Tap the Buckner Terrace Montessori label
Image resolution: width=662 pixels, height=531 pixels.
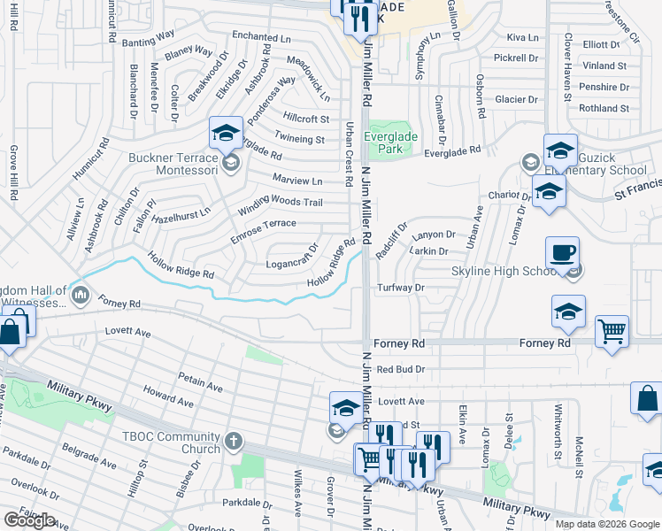(x=173, y=163)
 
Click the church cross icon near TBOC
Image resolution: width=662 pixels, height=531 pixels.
(x=234, y=441)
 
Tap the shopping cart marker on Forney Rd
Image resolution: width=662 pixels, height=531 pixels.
(x=612, y=332)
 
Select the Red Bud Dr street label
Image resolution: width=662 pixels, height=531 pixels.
(x=400, y=369)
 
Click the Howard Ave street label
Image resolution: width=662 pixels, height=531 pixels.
(x=168, y=396)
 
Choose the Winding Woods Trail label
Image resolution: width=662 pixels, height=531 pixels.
(x=280, y=207)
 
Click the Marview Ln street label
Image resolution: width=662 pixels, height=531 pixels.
(x=297, y=180)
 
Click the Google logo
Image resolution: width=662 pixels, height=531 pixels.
(x=30, y=520)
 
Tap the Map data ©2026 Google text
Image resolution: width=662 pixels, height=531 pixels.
(x=607, y=524)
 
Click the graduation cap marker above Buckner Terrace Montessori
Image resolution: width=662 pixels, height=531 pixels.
(x=226, y=134)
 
